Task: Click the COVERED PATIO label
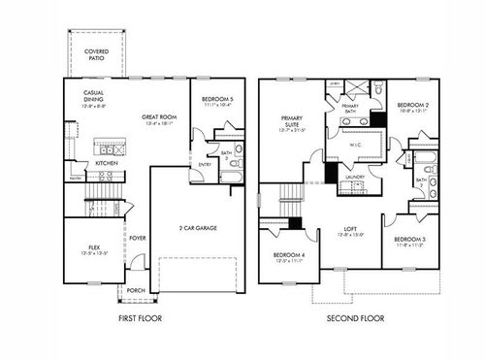[x=96, y=52]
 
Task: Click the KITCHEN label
[x=108, y=163]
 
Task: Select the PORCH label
[x=136, y=289]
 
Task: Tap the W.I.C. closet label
[x=355, y=146]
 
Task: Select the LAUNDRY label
[x=354, y=177]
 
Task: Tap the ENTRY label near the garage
[x=206, y=165]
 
